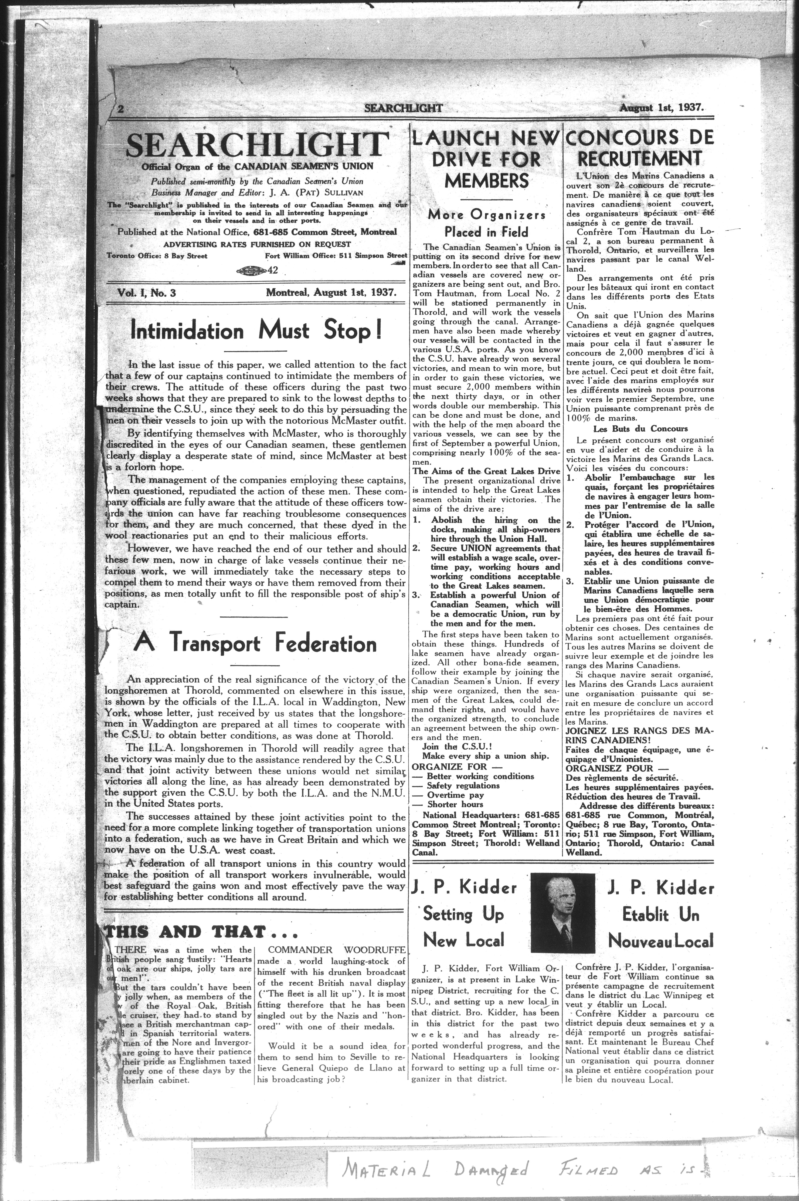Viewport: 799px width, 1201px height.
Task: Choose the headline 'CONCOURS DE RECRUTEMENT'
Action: click(639, 148)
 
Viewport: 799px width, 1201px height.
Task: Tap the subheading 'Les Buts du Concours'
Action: click(640, 429)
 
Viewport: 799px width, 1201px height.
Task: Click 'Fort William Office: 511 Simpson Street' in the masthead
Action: click(336, 255)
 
